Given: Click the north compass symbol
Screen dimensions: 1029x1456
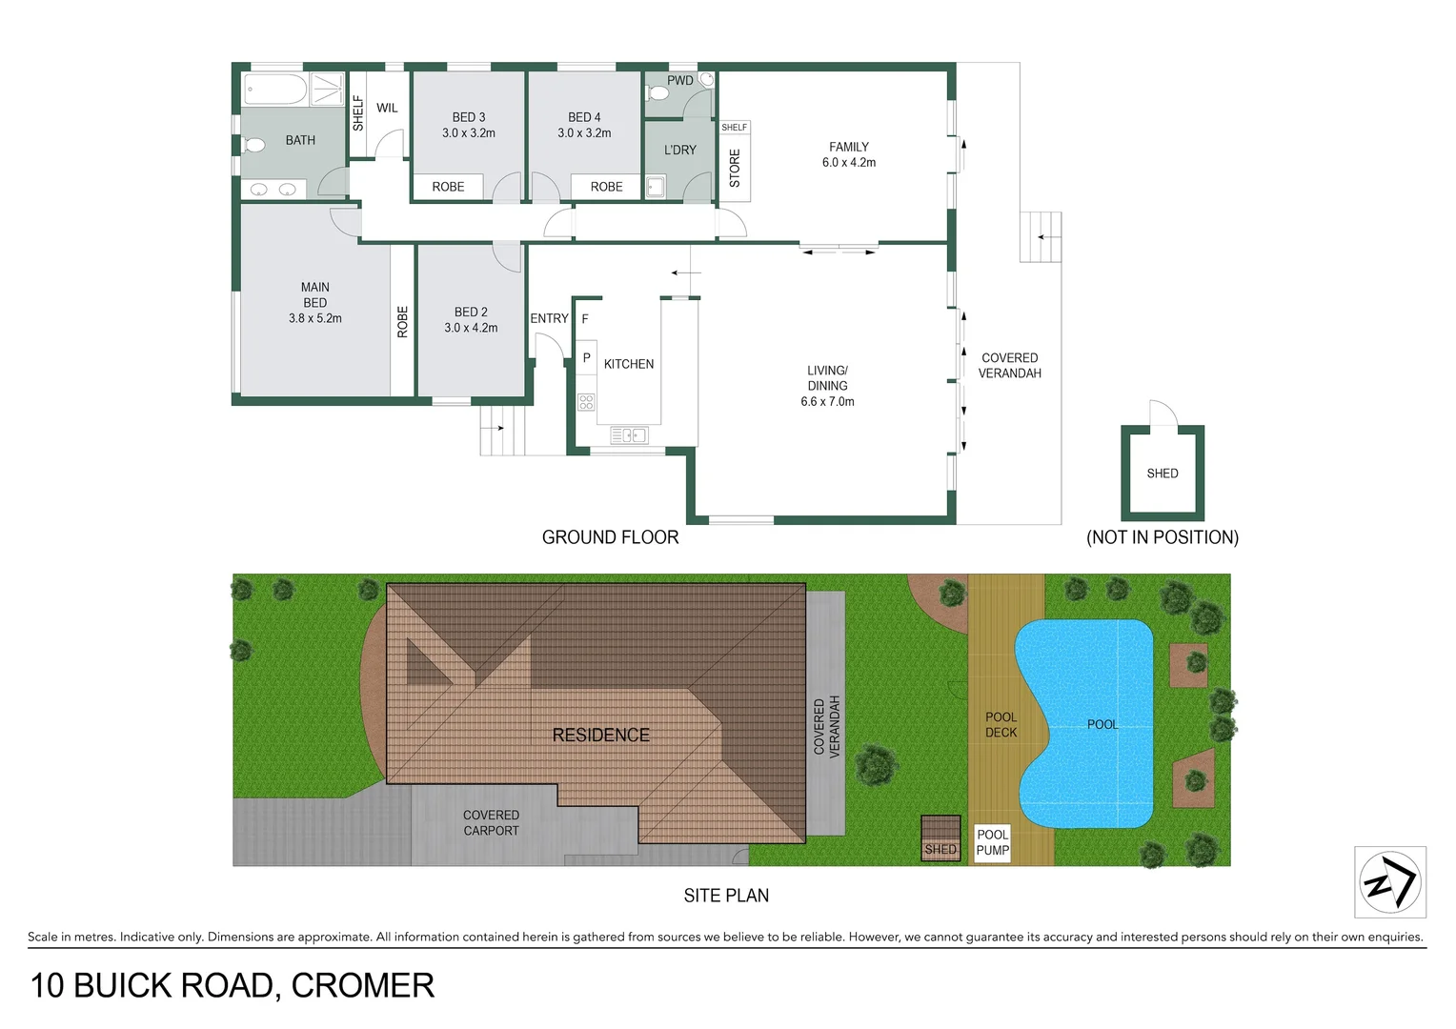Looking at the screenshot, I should (x=1389, y=882).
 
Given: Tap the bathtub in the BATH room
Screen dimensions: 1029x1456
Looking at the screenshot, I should (x=275, y=91).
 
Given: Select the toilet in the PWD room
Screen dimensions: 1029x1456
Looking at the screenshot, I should (x=657, y=93).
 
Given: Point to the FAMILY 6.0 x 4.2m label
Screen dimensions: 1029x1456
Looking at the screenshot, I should (x=848, y=154).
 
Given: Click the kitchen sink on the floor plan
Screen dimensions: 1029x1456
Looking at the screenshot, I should (x=629, y=435).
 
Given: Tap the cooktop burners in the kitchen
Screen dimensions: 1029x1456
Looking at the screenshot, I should (x=586, y=401).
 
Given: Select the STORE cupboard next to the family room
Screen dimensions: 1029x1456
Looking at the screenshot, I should (x=734, y=168).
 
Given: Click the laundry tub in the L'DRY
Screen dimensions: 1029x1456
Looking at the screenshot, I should (x=656, y=187).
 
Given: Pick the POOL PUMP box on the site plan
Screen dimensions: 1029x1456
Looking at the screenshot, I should (x=992, y=842).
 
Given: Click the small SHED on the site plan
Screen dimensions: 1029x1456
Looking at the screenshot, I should (x=940, y=838).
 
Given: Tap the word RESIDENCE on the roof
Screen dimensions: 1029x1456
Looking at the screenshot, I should (x=600, y=735).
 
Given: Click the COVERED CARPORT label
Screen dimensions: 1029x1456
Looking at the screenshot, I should (x=491, y=823).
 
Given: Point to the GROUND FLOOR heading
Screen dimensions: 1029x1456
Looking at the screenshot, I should (x=610, y=537).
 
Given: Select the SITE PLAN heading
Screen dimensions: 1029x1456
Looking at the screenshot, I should (x=726, y=896).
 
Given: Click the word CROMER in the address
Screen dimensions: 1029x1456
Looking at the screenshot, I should (x=362, y=985).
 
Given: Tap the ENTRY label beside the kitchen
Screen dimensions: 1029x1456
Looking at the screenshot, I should (x=549, y=318).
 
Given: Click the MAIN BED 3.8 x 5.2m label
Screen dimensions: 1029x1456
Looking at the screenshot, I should (x=314, y=302).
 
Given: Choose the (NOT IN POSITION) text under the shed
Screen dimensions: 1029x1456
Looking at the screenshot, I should (x=1162, y=537).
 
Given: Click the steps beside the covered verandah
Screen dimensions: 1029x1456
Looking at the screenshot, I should (x=1041, y=236).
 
